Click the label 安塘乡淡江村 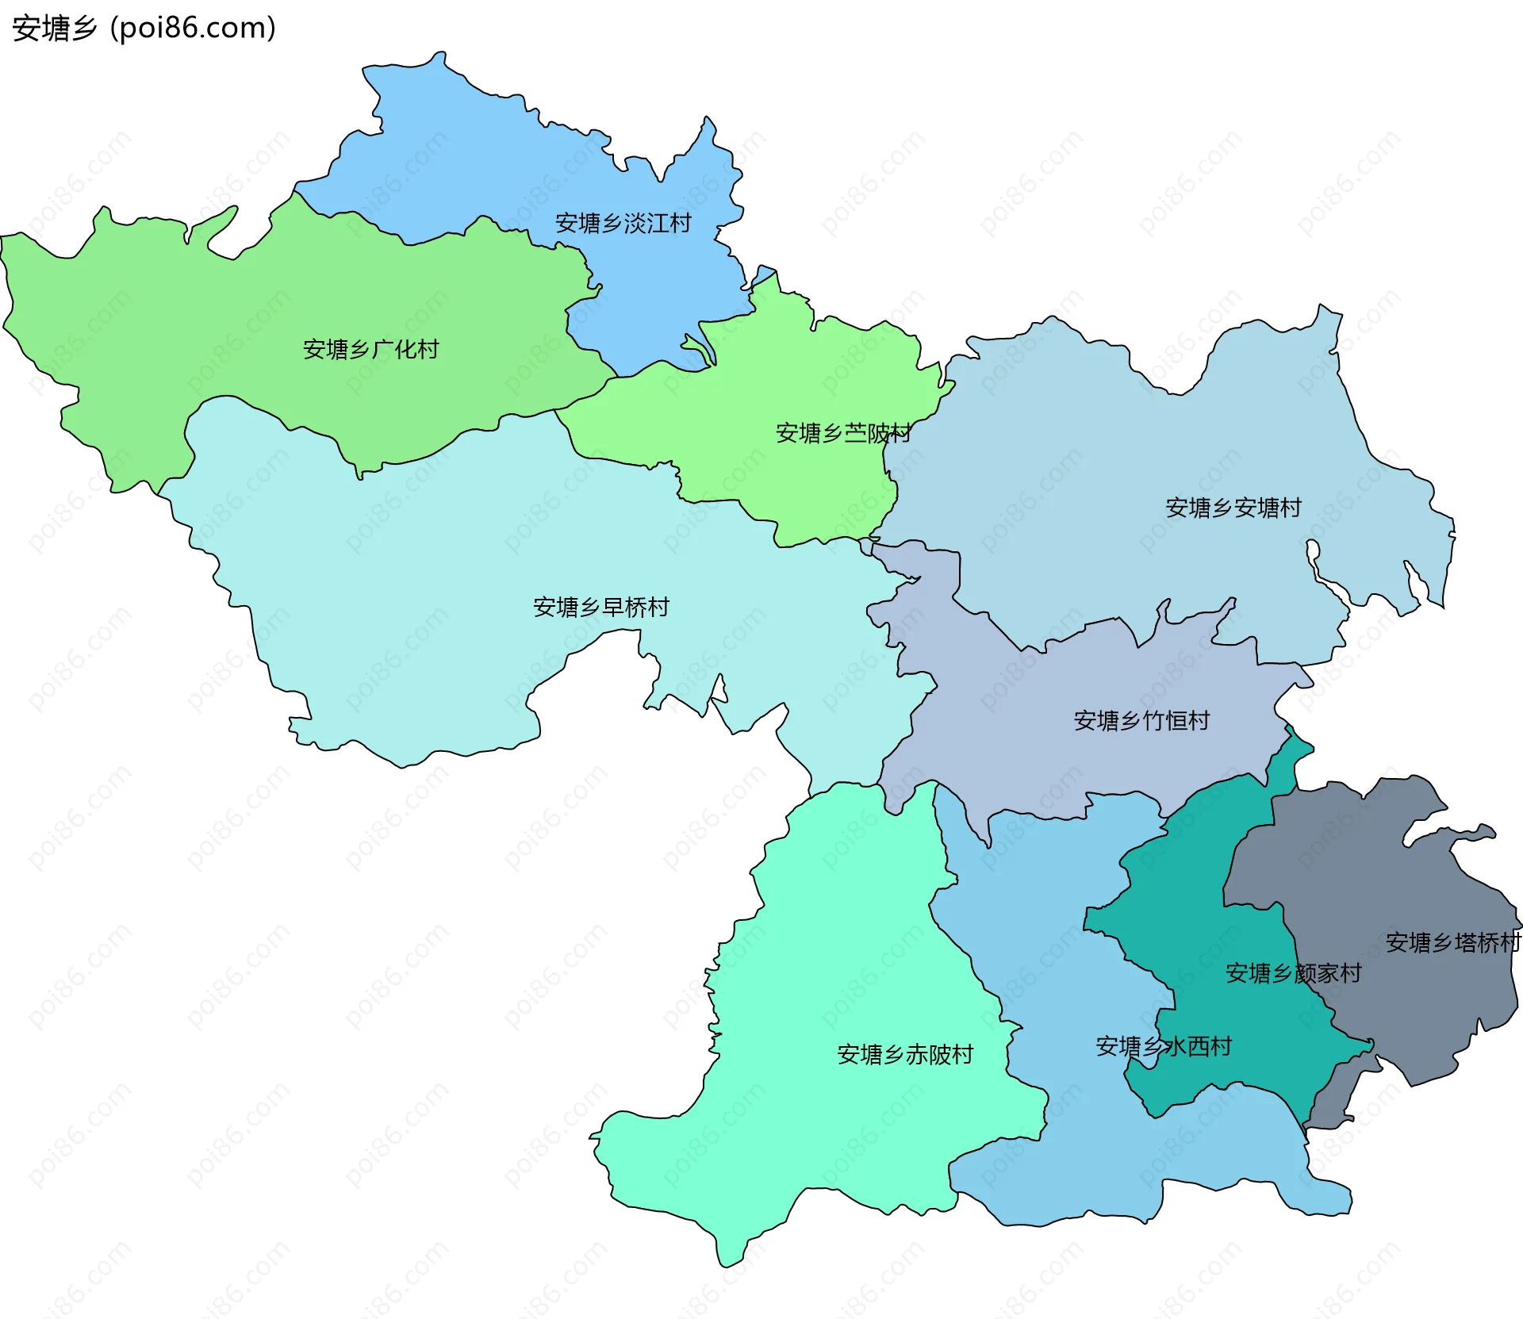[x=623, y=224]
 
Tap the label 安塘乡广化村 [x=370, y=349]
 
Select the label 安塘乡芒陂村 [x=843, y=433]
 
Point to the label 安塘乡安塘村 [x=1233, y=508]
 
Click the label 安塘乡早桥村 [x=601, y=608]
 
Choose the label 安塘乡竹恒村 [x=1141, y=721]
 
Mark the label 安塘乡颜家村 [x=1293, y=973]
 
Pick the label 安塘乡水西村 [x=1164, y=1047]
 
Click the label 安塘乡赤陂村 [x=905, y=1055]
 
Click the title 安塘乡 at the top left [x=54, y=29]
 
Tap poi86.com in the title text [x=194, y=29]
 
